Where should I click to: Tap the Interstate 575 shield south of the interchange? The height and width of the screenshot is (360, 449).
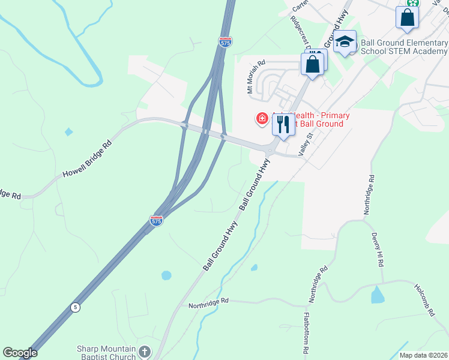click(x=156, y=221)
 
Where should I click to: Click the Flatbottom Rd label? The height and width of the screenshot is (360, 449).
click(x=306, y=332)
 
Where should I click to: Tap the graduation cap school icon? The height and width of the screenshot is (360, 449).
click(x=345, y=42)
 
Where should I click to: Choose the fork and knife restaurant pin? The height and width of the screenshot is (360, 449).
click(x=283, y=124)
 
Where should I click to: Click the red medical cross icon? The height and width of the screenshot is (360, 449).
click(x=262, y=119)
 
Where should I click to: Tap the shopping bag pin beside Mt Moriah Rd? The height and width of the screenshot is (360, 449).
click(x=313, y=64)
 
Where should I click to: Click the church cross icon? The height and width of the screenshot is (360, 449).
click(x=145, y=352)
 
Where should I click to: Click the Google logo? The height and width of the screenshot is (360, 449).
click(x=20, y=353)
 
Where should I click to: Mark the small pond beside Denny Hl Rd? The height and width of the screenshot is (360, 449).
click(x=378, y=294)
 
